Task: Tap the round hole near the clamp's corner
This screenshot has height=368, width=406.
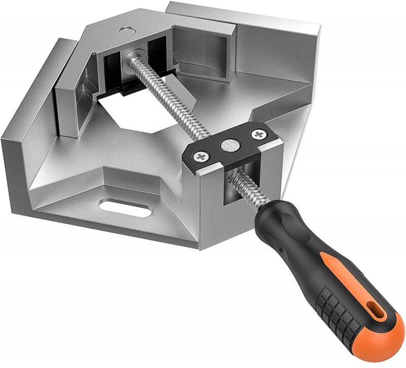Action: pyautogui.click(x=125, y=30)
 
